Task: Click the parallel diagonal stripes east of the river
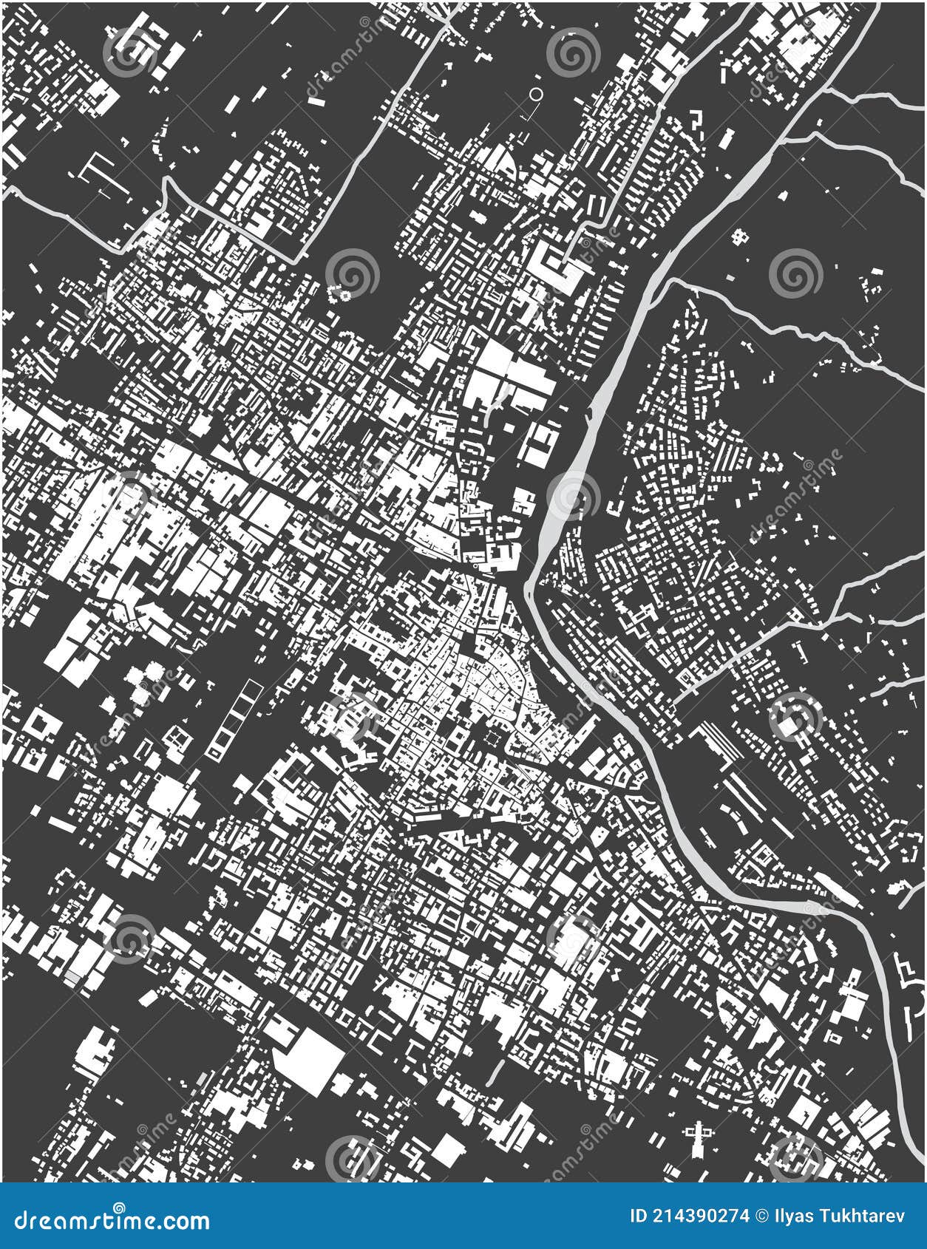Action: [x=721, y=739]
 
